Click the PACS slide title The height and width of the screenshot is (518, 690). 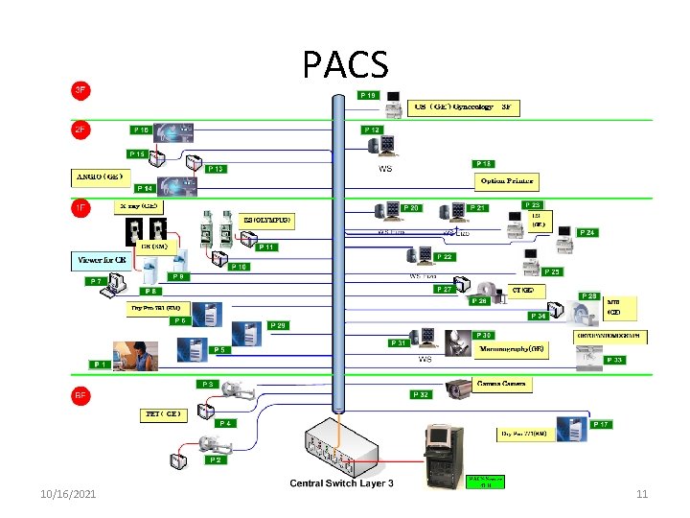click(345, 65)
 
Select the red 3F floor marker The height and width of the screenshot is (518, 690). click(81, 90)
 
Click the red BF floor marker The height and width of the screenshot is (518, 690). click(81, 394)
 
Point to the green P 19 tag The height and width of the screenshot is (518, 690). click(369, 95)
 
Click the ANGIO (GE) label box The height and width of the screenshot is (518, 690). click(100, 177)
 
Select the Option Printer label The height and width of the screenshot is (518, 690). click(507, 181)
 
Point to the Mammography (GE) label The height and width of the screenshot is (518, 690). click(512, 350)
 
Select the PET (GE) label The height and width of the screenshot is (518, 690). click(162, 414)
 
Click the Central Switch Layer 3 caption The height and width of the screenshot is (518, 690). click(341, 483)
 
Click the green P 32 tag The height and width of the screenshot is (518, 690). click(420, 394)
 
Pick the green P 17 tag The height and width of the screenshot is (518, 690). click(601, 423)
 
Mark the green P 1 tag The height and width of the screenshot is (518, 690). click(100, 365)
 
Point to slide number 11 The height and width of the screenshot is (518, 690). click(642, 493)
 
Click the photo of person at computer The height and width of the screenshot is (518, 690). click(135, 355)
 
